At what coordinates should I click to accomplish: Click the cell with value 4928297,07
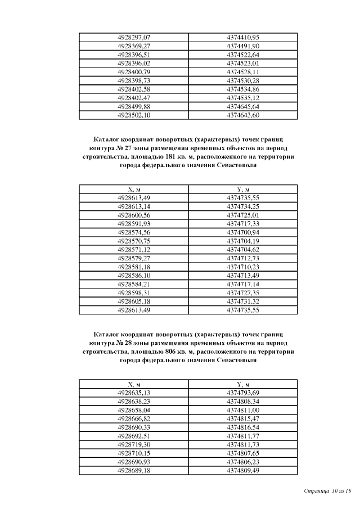click(x=133, y=37)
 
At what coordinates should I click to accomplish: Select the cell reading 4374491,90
click(x=242, y=46)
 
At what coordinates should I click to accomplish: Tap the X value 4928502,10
click(x=133, y=115)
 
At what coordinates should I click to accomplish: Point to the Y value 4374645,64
click(x=242, y=107)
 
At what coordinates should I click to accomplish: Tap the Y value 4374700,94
click(x=242, y=232)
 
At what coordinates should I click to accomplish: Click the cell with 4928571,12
click(x=133, y=249)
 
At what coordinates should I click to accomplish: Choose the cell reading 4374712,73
click(x=242, y=258)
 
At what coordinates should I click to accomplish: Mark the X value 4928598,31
click(x=133, y=293)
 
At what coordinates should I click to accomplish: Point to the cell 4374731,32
click(x=242, y=301)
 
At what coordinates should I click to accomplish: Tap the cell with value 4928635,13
click(x=133, y=393)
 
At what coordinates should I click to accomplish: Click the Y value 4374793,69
click(x=242, y=393)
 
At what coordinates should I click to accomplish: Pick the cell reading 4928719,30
click(x=133, y=444)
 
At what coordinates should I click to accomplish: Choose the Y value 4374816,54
click(x=242, y=427)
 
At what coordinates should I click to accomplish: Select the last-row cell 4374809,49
click(x=242, y=470)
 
